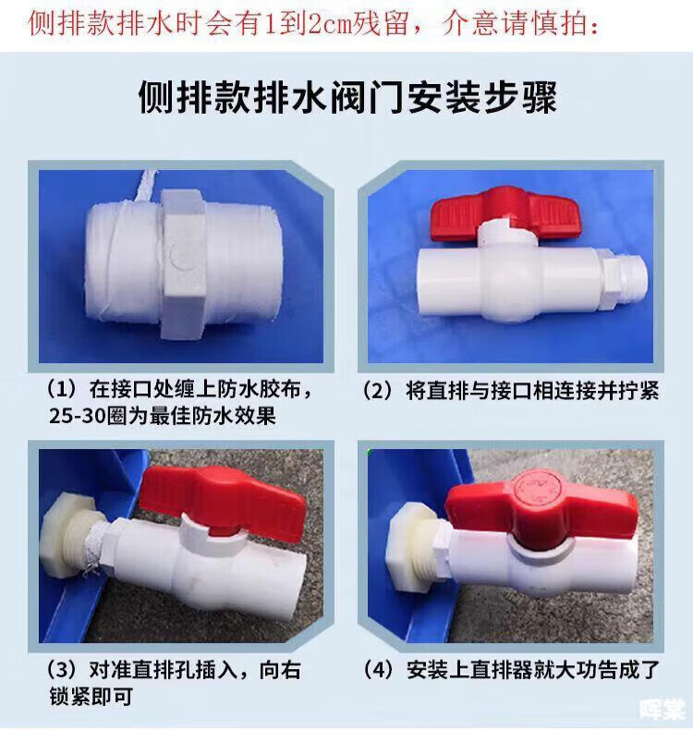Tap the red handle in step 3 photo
coord(223,502)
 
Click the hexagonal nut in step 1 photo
coord(184,263)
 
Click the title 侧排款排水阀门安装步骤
coord(347,97)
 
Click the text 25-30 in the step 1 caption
coord(78,416)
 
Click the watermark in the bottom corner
coord(663,710)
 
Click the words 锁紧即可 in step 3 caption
coord(91,697)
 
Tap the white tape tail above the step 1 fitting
coord(148,187)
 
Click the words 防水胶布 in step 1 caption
coord(259,389)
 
